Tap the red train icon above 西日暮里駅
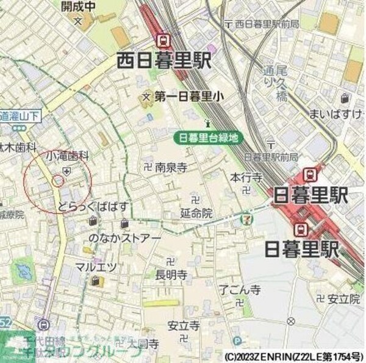click(x=163, y=41)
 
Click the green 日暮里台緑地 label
click(x=207, y=138)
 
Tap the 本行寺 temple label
click(x=246, y=178)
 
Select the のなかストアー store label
click(x=126, y=237)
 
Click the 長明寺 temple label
click(x=171, y=275)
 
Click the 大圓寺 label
click(x=143, y=344)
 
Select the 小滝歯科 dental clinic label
click(x=66, y=156)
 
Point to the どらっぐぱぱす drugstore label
click(x=93, y=207)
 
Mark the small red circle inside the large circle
click(x=57, y=180)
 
